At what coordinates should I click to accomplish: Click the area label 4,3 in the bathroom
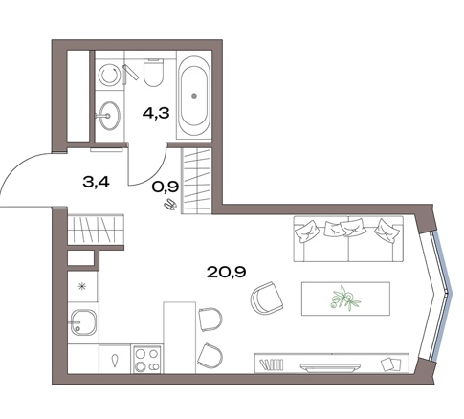pyautogui.click(x=156, y=113)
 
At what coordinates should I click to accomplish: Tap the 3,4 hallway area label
pyautogui.click(x=96, y=182)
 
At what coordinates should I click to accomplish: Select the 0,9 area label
pyautogui.click(x=165, y=187)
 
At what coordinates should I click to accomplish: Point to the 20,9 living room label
pyautogui.click(x=226, y=272)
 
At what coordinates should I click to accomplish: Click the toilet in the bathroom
pyautogui.click(x=153, y=73)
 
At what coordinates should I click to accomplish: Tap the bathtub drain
pyautogui.click(x=194, y=95)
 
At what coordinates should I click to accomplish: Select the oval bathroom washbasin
pyautogui.click(x=108, y=116)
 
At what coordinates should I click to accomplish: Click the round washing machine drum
pyautogui.click(x=108, y=76)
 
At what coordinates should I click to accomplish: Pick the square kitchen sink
pyautogui.click(x=83, y=322)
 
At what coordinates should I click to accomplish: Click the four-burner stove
pyautogui.click(x=146, y=359)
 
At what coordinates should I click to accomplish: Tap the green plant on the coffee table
pyautogui.click(x=345, y=298)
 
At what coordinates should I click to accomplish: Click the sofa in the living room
pyautogui.click(x=348, y=239)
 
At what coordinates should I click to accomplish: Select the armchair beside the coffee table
pyautogui.click(x=267, y=298)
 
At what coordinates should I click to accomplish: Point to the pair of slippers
pyautogui.click(x=170, y=205)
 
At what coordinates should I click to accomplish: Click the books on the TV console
pyautogui.click(x=272, y=364)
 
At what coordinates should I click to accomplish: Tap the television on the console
pyautogui.click(x=330, y=367)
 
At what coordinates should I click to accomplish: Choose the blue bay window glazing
pyautogui.click(x=443, y=295)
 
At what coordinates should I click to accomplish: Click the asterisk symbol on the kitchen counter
pyautogui.click(x=83, y=287)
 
